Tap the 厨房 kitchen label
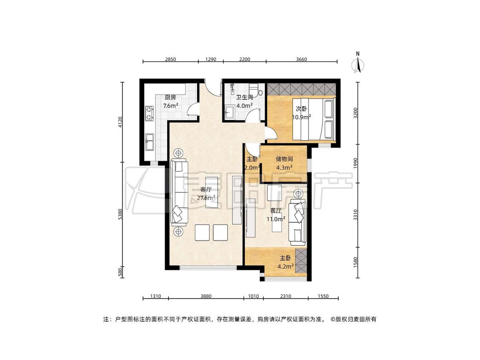click(170, 97)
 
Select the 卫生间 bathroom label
click(244, 97)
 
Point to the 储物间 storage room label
click(285, 159)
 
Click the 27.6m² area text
click(206, 198)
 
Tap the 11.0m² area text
click(276, 219)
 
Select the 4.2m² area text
click(285, 266)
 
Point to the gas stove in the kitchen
click(149, 113)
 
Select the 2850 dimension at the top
click(171, 59)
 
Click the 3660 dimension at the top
click(302, 59)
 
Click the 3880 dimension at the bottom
click(206, 296)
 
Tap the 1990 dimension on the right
click(355, 163)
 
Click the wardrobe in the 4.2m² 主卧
click(301, 261)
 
